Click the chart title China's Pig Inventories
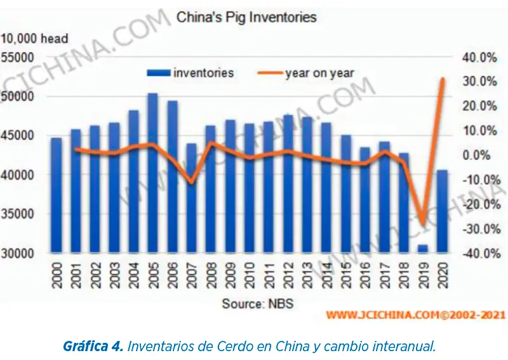coord(246,17)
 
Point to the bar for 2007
coord(190,203)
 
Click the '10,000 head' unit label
coord(35,39)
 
